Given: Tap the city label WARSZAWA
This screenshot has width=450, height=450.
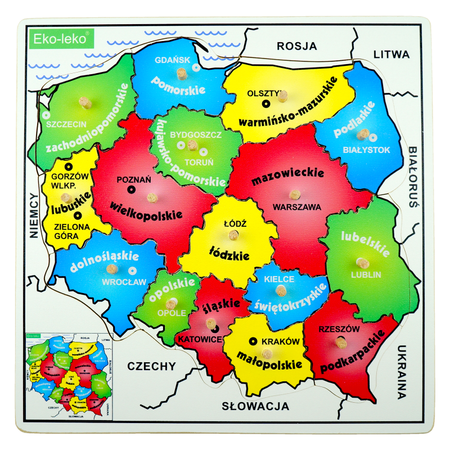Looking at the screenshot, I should tap(296, 207).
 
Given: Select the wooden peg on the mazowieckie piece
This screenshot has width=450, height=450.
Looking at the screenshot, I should tap(295, 195).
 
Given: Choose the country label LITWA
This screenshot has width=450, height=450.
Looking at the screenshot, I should tap(391, 55).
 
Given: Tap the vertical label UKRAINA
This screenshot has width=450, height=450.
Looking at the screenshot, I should tap(401, 372).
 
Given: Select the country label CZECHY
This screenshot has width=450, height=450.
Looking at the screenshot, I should tap(151, 366).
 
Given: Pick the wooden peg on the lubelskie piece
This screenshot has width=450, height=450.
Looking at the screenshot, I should tap(361, 263).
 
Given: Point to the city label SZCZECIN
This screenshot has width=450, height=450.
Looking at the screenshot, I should tap(66, 124).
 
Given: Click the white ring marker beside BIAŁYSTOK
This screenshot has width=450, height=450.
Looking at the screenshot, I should tap(372, 137).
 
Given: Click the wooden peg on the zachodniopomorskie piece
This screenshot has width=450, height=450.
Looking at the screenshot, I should tap(85, 102).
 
